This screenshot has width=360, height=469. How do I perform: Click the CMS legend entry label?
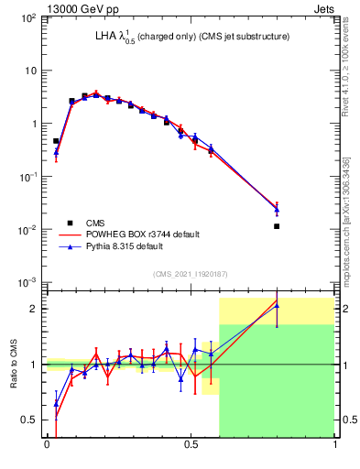click(94, 223)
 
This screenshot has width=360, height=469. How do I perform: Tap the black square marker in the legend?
click(70, 223)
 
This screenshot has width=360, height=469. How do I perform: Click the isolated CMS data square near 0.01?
click(277, 225)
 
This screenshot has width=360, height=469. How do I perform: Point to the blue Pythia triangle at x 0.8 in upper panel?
click(277, 210)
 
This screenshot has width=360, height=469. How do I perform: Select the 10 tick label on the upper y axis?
click(30, 71)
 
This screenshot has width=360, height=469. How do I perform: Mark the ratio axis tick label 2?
click(34, 309)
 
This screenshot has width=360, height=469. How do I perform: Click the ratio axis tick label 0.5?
click(29, 420)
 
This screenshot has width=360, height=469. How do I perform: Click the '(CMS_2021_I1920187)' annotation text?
click(191, 274)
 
